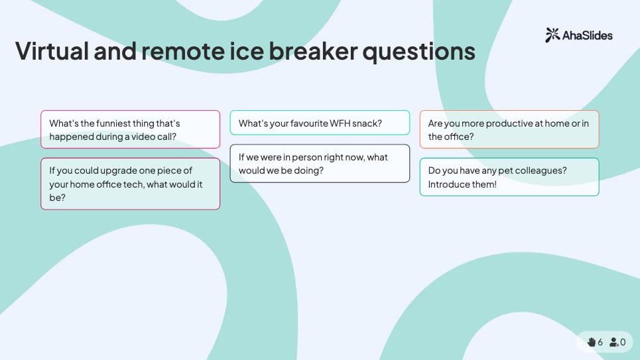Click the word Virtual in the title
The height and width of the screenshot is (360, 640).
tap(52, 51)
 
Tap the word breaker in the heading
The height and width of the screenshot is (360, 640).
tap(313, 51)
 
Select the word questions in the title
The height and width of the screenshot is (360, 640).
tap(419, 52)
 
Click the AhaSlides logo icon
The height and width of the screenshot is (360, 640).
tap(552, 35)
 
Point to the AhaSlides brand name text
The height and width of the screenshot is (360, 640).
tap(588, 36)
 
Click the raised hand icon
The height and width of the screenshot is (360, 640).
tap(592, 342)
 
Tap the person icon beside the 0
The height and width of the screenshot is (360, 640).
tap(614, 342)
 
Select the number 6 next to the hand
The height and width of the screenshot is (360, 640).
tap(600, 342)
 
